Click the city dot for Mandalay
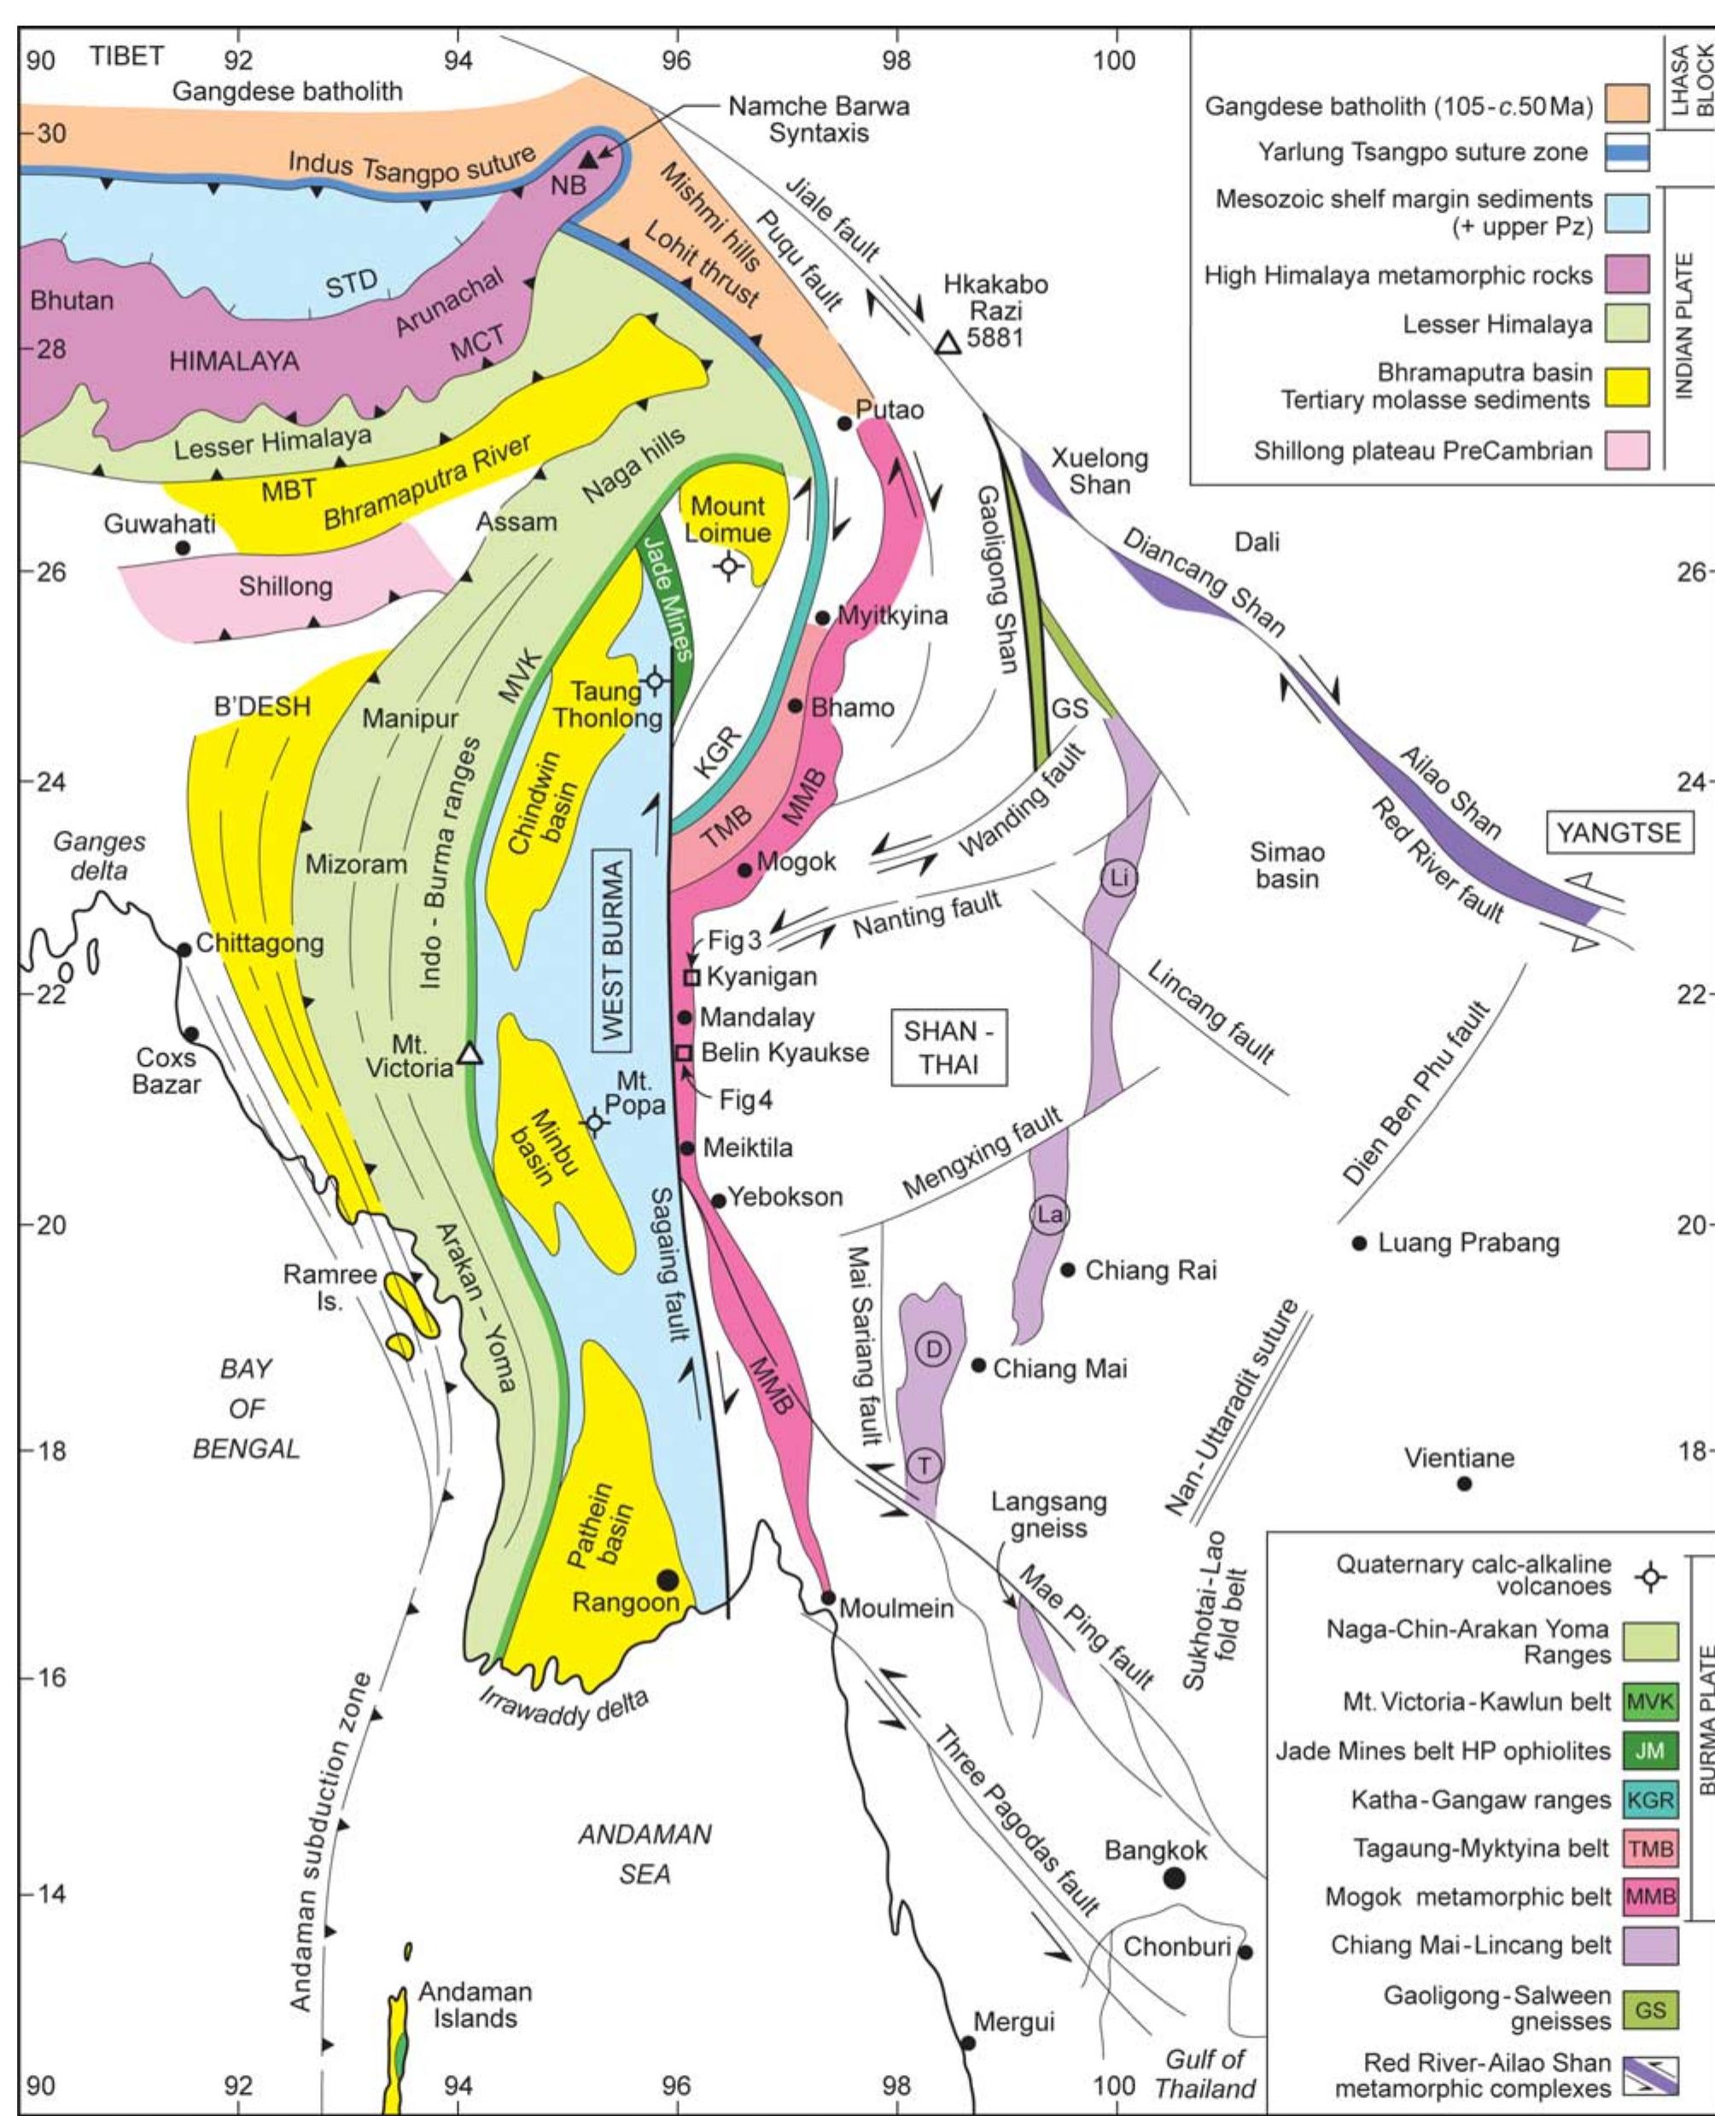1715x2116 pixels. [684, 1017]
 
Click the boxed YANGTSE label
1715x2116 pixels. [1619, 832]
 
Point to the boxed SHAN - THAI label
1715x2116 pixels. [949, 1047]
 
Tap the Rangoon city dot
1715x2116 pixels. [667, 1580]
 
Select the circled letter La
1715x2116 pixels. [1049, 1214]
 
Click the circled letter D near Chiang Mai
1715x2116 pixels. [934, 1348]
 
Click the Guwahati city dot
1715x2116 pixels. [182, 548]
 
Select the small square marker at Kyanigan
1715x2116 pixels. [692, 977]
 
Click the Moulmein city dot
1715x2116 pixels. [829, 1598]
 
